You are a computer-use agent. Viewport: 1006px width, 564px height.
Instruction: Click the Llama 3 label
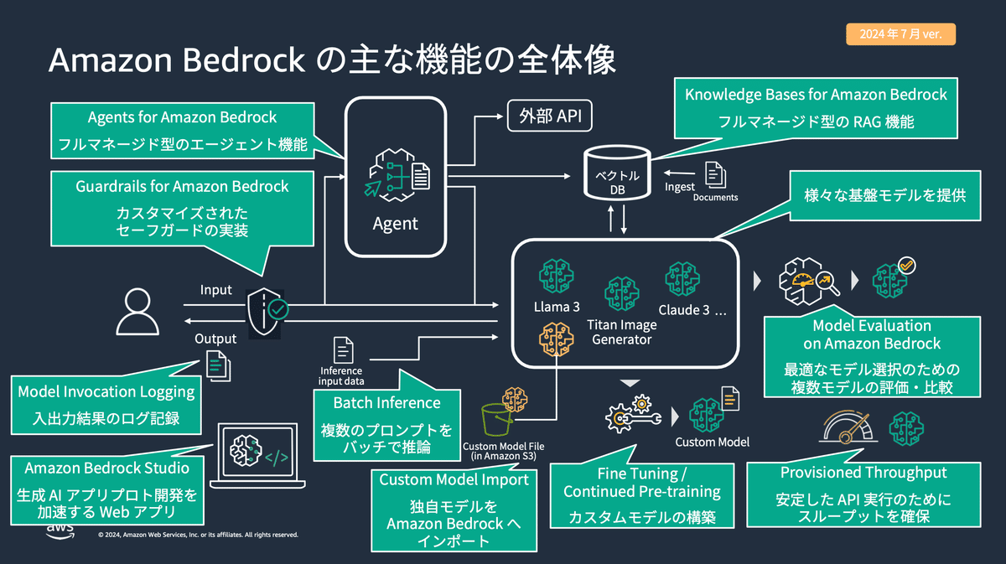(557, 307)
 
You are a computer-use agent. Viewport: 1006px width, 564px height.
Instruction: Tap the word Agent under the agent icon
(395, 224)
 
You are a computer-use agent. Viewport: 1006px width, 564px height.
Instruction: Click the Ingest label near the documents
(679, 187)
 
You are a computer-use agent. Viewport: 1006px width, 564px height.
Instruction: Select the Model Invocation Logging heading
(106, 391)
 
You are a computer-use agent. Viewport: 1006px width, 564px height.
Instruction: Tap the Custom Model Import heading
(454, 479)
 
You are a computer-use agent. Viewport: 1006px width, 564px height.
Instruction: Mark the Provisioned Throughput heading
(863, 473)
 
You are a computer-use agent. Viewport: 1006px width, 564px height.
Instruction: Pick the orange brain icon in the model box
(556, 339)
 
